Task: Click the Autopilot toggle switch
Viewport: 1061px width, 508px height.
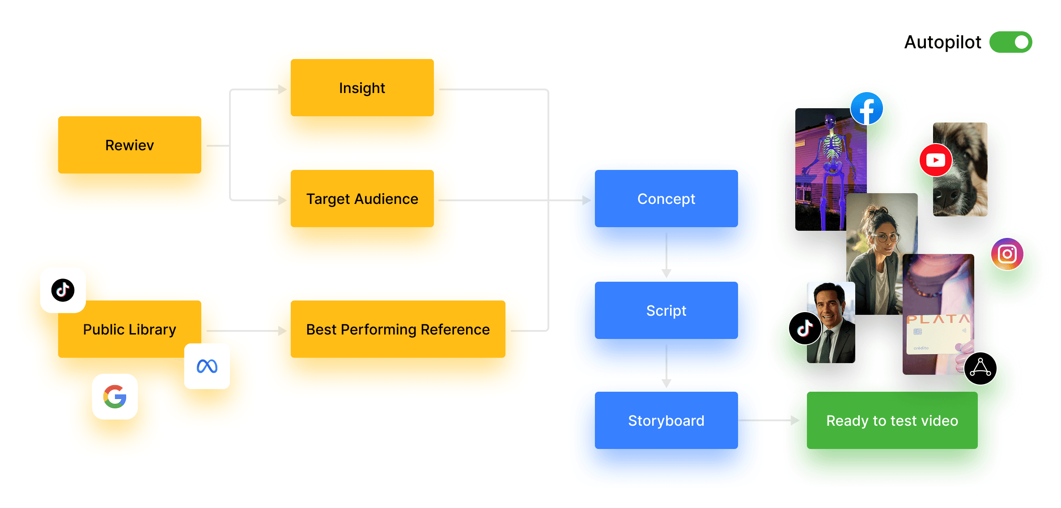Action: pos(1010,42)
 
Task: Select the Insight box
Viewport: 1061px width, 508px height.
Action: pos(362,88)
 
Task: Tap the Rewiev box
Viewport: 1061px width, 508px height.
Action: pos(129,145)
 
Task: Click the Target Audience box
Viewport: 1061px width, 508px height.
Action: pos(362,199)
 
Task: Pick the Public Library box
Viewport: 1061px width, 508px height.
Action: pos(129,329)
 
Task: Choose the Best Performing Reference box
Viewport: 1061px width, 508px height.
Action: pos(398,329)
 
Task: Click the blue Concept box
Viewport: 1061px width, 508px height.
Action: pos(666,199)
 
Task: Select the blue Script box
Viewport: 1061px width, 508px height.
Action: pos(666,310)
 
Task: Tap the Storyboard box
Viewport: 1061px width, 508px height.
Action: pos(666,420)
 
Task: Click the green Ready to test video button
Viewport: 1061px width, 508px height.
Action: pos(892,420)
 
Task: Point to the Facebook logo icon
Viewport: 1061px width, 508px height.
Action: pos(866,109)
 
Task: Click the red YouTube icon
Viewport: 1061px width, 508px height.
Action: pos(935,160)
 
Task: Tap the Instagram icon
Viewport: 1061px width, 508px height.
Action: pos(1007,254)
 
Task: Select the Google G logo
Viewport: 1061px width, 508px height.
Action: pos(115,397)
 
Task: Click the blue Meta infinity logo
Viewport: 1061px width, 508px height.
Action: pos(207,366)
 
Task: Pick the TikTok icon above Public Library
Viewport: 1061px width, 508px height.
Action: pos(63,290)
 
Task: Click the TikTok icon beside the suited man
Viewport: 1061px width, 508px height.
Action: pos(805,328)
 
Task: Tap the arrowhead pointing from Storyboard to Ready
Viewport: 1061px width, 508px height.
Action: pos(795,420)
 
